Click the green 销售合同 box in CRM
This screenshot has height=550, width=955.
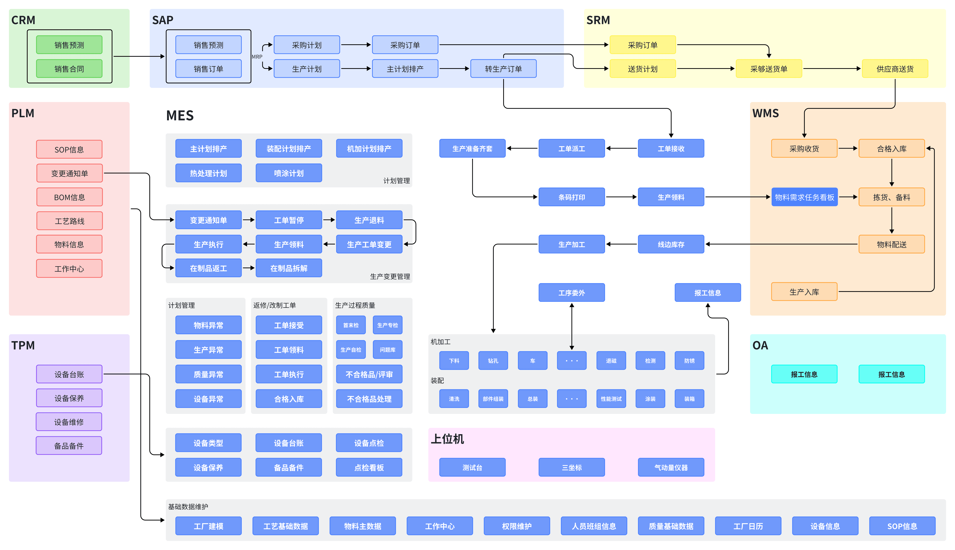click(x=69, y=69)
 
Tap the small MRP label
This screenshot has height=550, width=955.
click(x=257, y=57)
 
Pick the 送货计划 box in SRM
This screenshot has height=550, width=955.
click(x=643, y=69)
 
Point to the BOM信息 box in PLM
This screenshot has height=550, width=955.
click(x=69, y=197)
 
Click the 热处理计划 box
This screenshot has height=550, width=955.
click(x=209, y=173)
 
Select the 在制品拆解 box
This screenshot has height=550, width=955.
click(x=289, y=268)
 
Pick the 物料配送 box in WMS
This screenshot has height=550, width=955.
click(x=891, y=244)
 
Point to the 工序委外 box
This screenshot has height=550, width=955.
click(x=572, y=293)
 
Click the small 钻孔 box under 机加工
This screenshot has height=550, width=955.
click(x=493, y=361)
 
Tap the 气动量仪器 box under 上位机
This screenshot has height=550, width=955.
click(x=671, y=467)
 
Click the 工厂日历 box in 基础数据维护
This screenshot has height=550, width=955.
click(x=748, y=526)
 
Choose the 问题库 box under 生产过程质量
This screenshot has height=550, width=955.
click(x=388, y=349)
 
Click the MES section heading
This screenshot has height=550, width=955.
click(x=180, y=115)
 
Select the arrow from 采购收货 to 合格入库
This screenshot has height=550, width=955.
click(x=848, y=148)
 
